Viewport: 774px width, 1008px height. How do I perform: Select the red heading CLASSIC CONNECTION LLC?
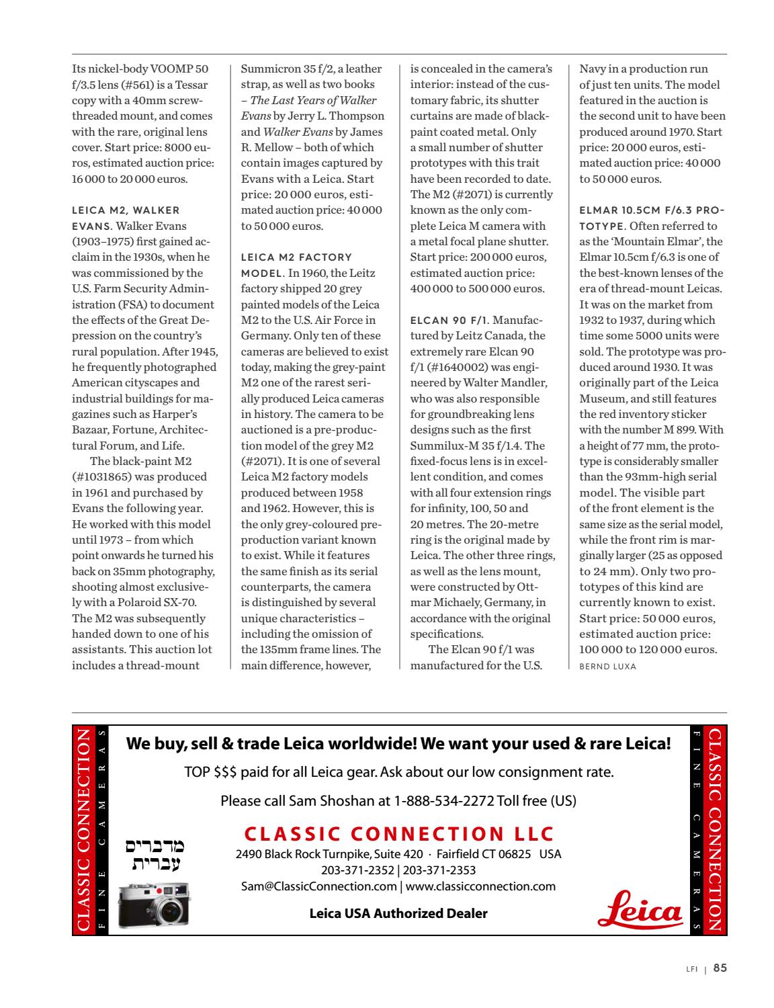point(399,834)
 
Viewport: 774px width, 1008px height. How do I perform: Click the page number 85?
point(720,968)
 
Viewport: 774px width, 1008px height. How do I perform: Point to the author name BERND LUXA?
point(607,667)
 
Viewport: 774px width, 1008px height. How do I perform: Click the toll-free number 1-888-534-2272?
point(443,801)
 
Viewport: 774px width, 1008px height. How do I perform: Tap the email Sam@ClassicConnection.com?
point(319,886)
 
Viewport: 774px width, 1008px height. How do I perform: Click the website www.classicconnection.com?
point(480,886)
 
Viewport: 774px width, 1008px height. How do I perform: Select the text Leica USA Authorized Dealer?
point(398,913)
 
